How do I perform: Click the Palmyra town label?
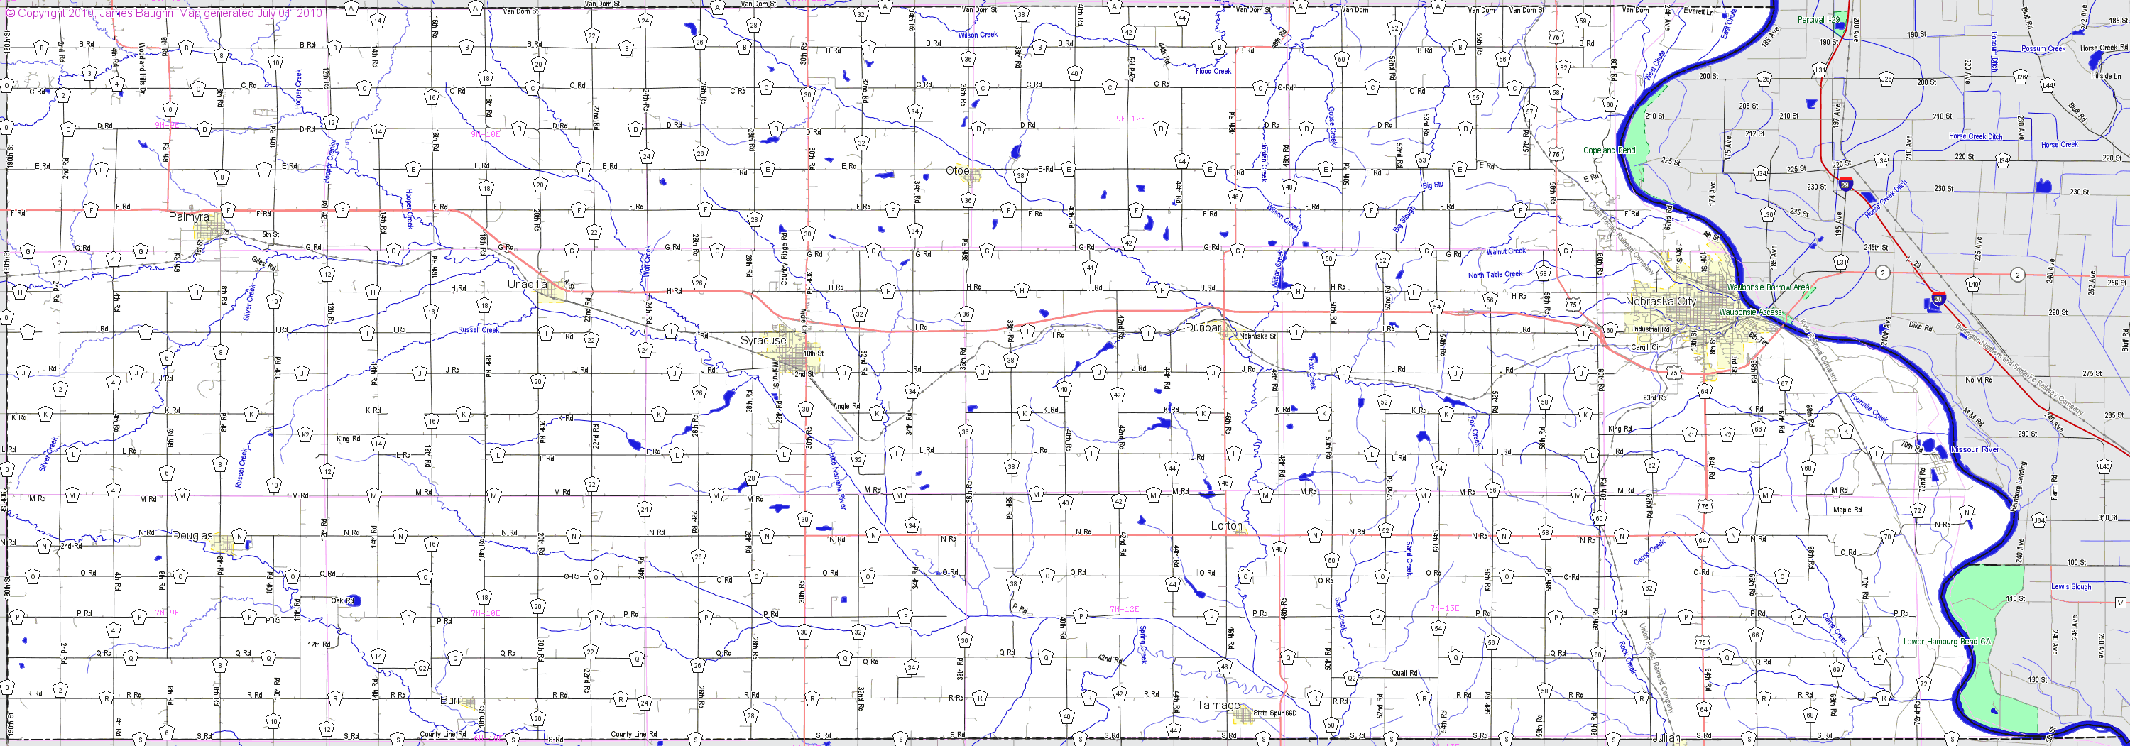tap(189, 216)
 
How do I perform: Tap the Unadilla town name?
tap(527, 284)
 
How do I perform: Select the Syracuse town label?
tap(763, 340)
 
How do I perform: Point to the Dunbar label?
tap(1202, 327)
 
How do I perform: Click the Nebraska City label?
tap(1661, 301)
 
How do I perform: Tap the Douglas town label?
tap(191, 535)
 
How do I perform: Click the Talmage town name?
tap(1218, 705)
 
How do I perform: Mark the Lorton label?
tap(1226, 525)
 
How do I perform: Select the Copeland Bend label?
tap(1608, 150)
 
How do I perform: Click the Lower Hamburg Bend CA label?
tap(1946, 641)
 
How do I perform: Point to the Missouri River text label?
tap(1975, 449)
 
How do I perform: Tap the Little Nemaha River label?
tap(838, 480)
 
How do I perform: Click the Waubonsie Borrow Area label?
tap(1767, 287)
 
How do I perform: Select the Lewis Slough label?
tap(2070, 586)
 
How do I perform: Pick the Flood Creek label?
tap(1213, 71)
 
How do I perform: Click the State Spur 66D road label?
tap(1274, 712)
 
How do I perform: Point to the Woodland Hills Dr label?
tap(141, 62)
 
